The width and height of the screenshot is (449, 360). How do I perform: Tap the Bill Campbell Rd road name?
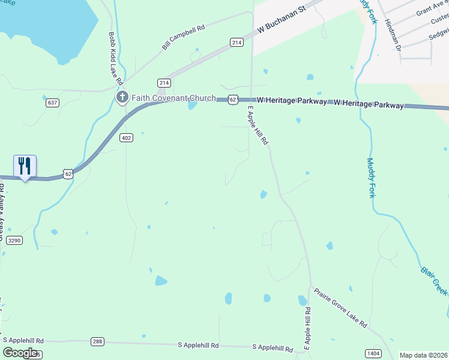point(184,37)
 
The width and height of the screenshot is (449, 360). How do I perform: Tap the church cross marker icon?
point(122,97)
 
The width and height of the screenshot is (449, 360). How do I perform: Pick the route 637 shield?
point(53,103)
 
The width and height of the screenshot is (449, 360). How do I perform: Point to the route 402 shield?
point(126,138)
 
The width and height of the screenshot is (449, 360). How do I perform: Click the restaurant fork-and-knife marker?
point(25,166)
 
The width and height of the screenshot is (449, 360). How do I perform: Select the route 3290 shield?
point(14,240)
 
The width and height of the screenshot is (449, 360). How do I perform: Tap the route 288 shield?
point(98,341)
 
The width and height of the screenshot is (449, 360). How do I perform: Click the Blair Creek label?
point(433,280)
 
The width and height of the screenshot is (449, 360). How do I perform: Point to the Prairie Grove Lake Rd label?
point(340,308)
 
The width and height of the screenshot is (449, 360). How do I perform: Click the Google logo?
point(20,352)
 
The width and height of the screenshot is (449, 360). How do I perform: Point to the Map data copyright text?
point(423,355)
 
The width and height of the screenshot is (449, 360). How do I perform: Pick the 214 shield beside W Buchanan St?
point(237,42)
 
